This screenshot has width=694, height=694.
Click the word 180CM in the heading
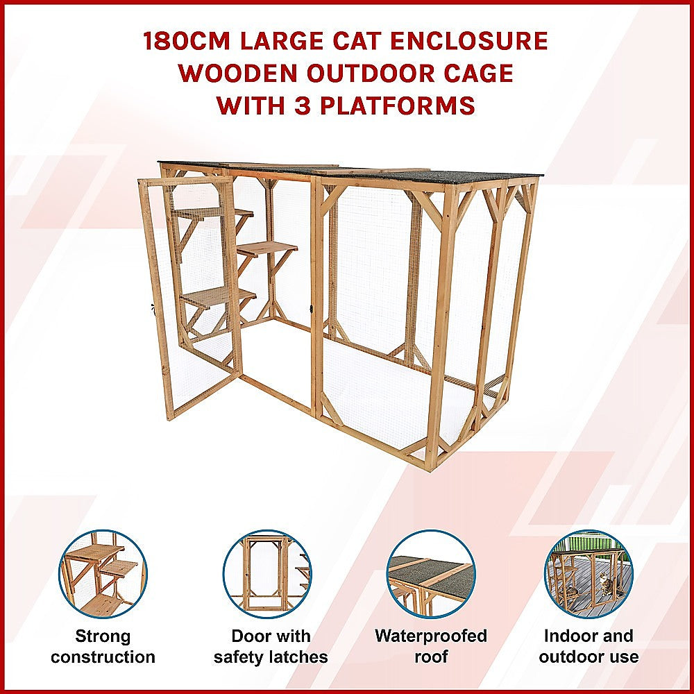click(x=185, y=42)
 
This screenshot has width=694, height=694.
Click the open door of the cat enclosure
click(x=191, y=298)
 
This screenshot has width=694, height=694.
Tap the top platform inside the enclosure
click(x=212, y=212)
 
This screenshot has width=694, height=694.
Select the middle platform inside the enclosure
click(x=267, y=248)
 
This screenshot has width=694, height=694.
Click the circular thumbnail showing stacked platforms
click(x=103, y=575)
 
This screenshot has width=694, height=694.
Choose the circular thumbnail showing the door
click(x=267, y=575)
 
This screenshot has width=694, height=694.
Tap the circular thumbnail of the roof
click(x=431, y=575)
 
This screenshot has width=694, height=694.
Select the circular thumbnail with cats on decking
click(x=589, y=575)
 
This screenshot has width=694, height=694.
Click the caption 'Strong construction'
click(x=103, y=646)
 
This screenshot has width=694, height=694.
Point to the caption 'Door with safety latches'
click(x=270, y=646)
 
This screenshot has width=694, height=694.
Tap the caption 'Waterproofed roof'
click(x=431, y=646)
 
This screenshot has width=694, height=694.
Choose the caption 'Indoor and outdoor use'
click(x=589, y=646)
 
